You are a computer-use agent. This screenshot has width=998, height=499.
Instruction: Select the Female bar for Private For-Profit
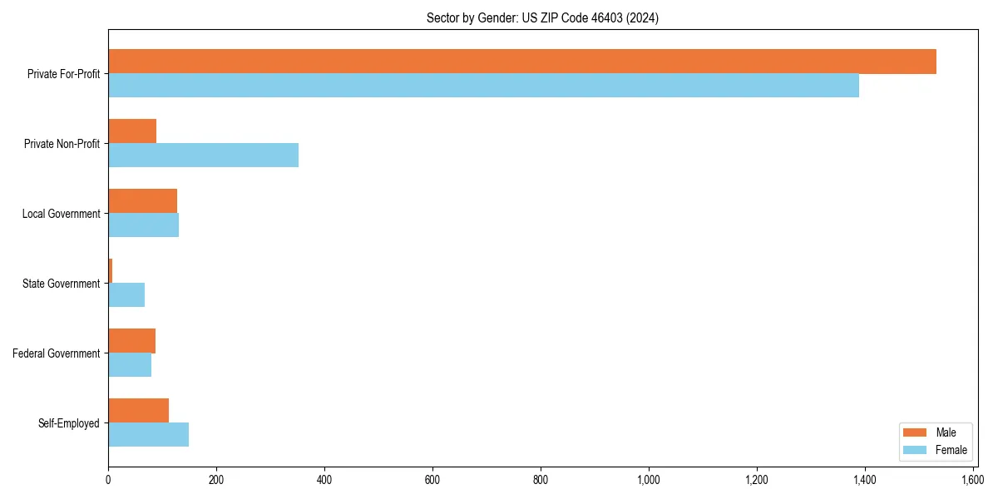pyautogui.click(x=483, y=86)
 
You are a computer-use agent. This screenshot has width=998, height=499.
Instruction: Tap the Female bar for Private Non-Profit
pyautogui.click(x=203, y=156)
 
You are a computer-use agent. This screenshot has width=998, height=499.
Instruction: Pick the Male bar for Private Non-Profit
pyautogui.click(x=132, y=131)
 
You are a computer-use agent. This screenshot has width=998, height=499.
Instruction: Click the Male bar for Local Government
pyautogui.click(x=142, y=201)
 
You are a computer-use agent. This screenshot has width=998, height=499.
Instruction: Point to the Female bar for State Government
pyautogui.click(x=126, y=295)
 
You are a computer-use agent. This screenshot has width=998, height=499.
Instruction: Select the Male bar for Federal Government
pyautogui.click(x=131, y=341)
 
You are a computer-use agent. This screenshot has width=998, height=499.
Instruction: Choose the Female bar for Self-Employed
pyautogui.click(x=148, y=435)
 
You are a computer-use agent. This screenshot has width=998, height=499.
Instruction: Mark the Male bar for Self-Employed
pyautogui.click(x=138, y=411)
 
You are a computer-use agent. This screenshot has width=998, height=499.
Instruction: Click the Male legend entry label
pyautogui.click(x=946, y=432)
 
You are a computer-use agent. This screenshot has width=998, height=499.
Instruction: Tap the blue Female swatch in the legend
pyautogui.click(x=914, y=450)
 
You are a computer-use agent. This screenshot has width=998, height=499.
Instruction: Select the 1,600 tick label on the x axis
pyautogui.click(x=972, y=480)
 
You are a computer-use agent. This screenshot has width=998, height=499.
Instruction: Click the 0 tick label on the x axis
pyautogui.click(x=108, y=480)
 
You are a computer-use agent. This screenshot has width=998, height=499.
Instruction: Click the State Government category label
pyautogui.click(x=61, y=284)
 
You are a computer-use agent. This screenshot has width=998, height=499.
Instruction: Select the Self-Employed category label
pyautogui.click(x=68, y=423)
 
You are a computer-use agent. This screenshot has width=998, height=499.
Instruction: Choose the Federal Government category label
pyautogui.click(x=57, y=353)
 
